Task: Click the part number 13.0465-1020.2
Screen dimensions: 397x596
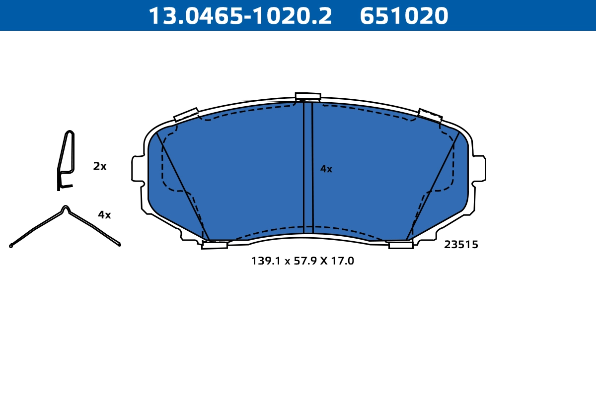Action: [x=240, y=16]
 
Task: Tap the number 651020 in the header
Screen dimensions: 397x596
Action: [x=404, y=16]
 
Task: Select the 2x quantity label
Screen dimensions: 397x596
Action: [x=100, y=167]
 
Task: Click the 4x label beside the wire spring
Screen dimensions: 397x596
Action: [x=104, y=215]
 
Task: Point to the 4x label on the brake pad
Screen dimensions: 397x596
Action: [x=326, y=169]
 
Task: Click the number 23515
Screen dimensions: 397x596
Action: [x=461, y=245]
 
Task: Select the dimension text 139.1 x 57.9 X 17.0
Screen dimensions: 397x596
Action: [x=302, y=261]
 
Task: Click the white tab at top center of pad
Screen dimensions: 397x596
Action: [x=308, y=96]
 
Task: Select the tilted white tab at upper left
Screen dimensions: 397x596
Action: [x=186, y=115]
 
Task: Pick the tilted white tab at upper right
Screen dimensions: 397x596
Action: [x=430, y=116]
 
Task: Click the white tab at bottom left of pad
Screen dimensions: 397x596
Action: [x=215, y=245]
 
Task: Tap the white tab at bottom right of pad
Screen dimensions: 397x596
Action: [x=401, y=245]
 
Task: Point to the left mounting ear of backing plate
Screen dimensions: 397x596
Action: [x=137, y=169]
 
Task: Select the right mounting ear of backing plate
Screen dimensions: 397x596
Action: [x=479, y=168]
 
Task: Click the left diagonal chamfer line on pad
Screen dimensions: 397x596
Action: [x=183, y=187]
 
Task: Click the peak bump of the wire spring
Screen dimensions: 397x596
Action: [x=65, y=208]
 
